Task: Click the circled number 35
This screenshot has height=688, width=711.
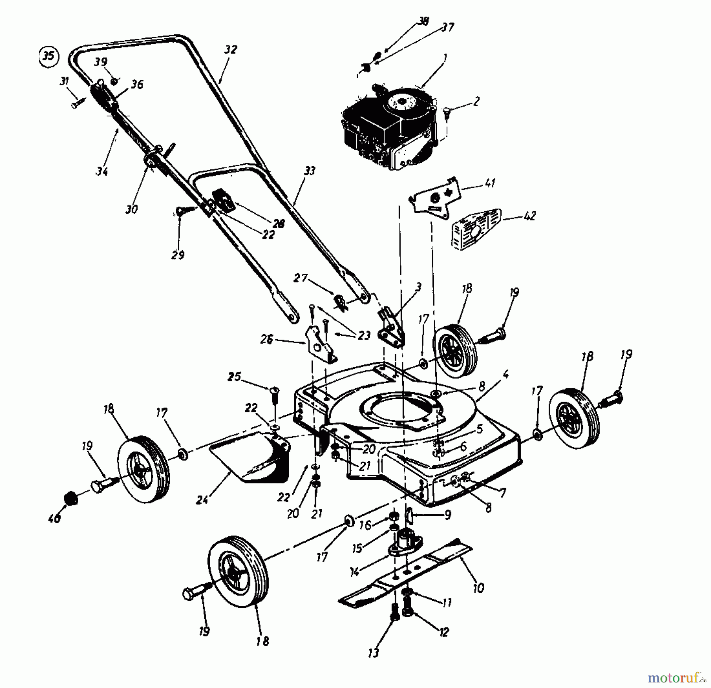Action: [48, 56]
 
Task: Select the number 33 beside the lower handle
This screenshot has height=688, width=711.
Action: [309, 171]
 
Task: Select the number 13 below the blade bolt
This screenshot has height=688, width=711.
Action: [373, 652]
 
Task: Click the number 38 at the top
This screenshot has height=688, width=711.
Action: [423, 21]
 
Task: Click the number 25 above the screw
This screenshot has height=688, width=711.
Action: [234, 377]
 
